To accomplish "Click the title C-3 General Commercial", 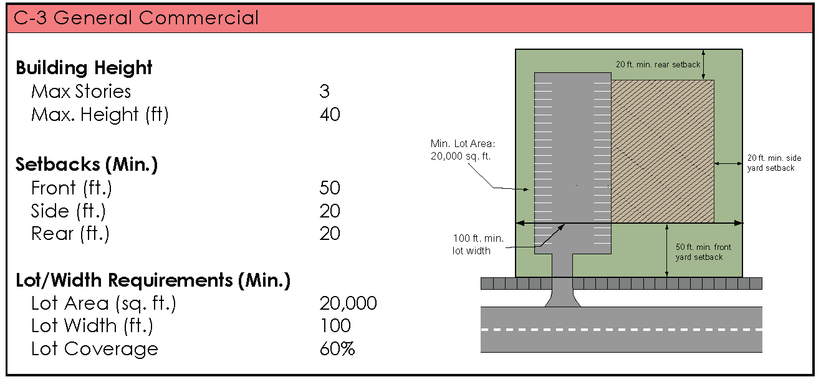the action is point(137,18).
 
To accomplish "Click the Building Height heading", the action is point(84,67).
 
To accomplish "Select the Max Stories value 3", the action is point(324,92).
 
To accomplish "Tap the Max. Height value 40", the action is point(330,115).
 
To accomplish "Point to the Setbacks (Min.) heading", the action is point(87,165).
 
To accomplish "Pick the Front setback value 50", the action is point(330,188).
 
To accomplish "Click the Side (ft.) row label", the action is point(69,211).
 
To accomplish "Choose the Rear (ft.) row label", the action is point(70,234).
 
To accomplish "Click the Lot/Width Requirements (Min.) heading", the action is point(153,280).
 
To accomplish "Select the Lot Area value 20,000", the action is point(348,303).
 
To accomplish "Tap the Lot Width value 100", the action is point(335,326).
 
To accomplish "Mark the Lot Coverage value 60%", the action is point(337,349).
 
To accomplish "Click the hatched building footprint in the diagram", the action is point(662,151).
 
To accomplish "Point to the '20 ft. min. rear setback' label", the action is point(658,64).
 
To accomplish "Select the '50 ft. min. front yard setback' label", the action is point(703,252).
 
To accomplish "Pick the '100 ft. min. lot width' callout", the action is point(478,245).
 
